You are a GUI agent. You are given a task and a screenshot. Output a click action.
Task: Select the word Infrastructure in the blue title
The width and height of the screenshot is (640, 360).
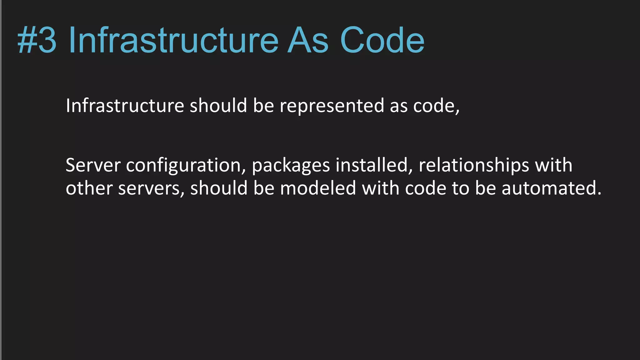click(173, 40)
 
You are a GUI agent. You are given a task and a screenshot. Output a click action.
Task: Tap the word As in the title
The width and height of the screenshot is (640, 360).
click(308, 40)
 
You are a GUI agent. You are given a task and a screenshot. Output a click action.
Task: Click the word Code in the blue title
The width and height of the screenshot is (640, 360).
click(382, 40)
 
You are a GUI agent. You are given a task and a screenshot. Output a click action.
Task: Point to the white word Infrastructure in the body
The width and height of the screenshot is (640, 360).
click(125, 105)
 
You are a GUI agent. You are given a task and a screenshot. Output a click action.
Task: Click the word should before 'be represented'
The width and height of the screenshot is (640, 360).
click(218, 105)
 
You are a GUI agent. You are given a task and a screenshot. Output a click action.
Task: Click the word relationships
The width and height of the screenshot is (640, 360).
click(474, 166)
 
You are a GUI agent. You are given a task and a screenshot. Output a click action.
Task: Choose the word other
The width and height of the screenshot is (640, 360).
click(89, 188)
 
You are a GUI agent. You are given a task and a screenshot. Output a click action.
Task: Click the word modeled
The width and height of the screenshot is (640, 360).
click(318, 188)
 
